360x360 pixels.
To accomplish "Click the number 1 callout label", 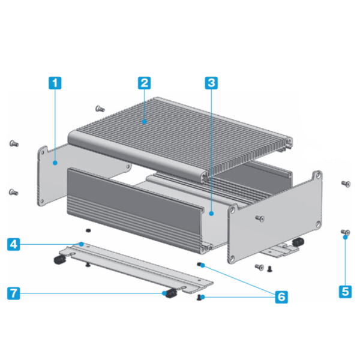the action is click(55, 83).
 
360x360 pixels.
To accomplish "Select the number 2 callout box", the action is click(144, 83).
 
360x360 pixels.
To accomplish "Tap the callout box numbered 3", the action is click(211, 83).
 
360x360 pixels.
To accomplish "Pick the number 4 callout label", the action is click(14, 244).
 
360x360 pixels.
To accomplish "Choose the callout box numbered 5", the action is click(345, 292).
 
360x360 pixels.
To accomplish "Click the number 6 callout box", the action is click(281, 297).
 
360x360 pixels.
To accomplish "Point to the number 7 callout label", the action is click(14, 293).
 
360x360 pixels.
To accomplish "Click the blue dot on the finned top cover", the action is click(144, 122).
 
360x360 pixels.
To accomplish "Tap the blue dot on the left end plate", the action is click(55, 163).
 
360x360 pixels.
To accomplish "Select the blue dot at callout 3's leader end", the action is click(211, 214).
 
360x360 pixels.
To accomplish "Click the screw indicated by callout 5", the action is click(346, 232).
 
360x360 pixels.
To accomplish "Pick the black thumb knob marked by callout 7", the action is click(171, 293).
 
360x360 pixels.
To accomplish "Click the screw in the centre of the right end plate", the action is click(260, 218).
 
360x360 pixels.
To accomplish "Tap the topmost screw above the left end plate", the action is click(100, 109).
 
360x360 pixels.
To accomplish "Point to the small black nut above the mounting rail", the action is click(88, 230).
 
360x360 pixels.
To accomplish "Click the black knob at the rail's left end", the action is click(60, 260).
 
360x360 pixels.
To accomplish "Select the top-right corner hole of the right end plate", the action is click(318, 176).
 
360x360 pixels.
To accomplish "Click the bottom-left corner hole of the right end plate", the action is click(232, 259).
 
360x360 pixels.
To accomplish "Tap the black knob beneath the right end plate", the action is click(298, 242).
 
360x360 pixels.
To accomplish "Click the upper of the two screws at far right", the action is click(346, 184).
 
